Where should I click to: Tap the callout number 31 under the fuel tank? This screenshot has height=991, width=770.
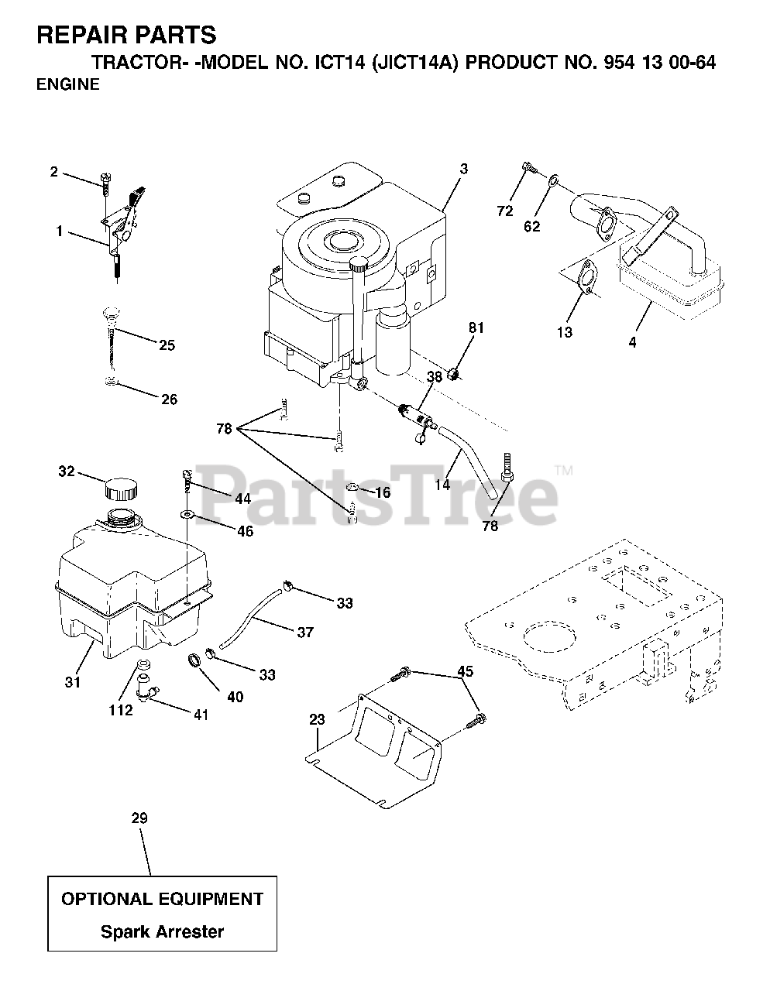72,682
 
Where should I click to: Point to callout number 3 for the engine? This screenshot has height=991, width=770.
463,169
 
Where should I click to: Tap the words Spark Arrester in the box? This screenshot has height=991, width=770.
162,931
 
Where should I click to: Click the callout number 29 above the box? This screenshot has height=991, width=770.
139,818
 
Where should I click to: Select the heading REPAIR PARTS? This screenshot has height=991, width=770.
127,35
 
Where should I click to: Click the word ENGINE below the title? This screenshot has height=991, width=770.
68,85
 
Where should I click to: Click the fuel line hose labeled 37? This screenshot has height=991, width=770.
255,616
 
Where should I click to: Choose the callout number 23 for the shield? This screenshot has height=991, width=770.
317,719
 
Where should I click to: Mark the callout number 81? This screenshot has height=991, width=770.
476,327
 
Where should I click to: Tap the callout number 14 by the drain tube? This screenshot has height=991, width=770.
443,485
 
